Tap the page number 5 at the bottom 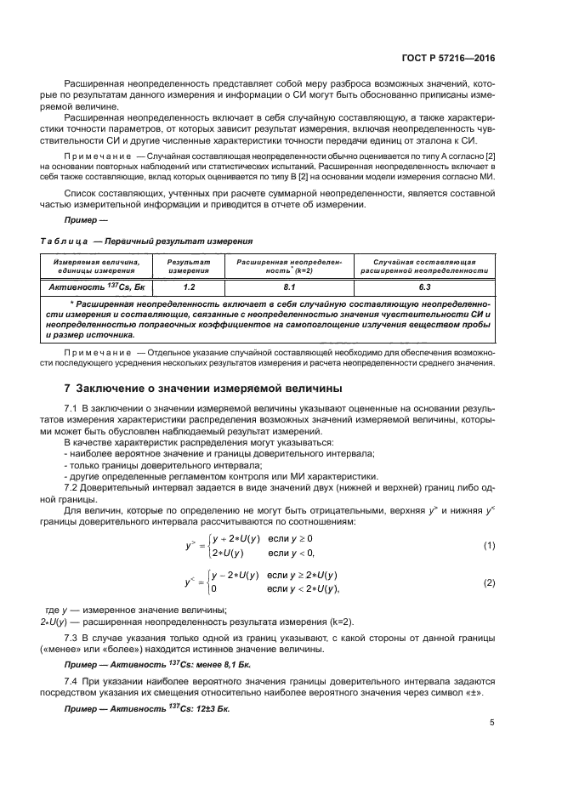pyautogui.click(x=492, y=723)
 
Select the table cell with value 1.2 pyautogui.click(x=189, y=287)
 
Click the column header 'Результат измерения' pyautogui.click(x=189, y=267)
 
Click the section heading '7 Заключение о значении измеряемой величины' pyautogui.click(x=203, y=388)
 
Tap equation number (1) pyautogui.click(x=488, y=544)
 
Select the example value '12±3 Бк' pyautogui.click(x=208, y=708)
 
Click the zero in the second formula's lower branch pyautogui.click(x=213, y=589)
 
